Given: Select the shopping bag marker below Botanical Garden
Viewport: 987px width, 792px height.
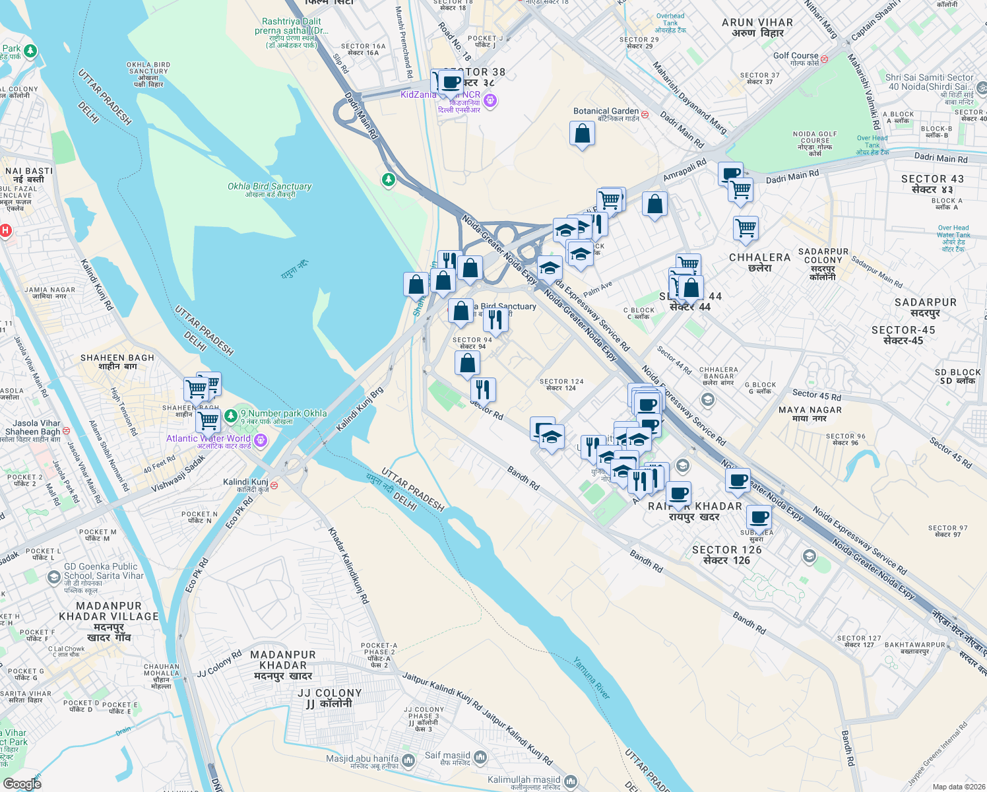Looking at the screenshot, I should pos(582,134).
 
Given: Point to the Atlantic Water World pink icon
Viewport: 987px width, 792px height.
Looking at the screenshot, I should pos(261,440).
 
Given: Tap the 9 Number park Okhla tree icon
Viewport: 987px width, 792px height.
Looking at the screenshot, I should pos(231,416).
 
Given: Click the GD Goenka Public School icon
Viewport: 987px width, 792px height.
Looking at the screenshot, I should pos(54,577).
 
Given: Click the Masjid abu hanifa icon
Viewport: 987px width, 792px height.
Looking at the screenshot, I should pos(408,761).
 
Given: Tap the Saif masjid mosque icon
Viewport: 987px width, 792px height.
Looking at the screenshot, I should pos(480,757).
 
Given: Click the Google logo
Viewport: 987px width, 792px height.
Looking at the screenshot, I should pos(22,783).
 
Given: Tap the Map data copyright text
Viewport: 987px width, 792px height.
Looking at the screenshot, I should pos(959,787).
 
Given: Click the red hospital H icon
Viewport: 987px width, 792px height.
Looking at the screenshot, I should pos(6,230).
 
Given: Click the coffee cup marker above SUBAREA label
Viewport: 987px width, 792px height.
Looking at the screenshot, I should pos(759,517).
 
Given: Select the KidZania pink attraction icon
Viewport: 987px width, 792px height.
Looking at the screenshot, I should pos(490,100).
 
